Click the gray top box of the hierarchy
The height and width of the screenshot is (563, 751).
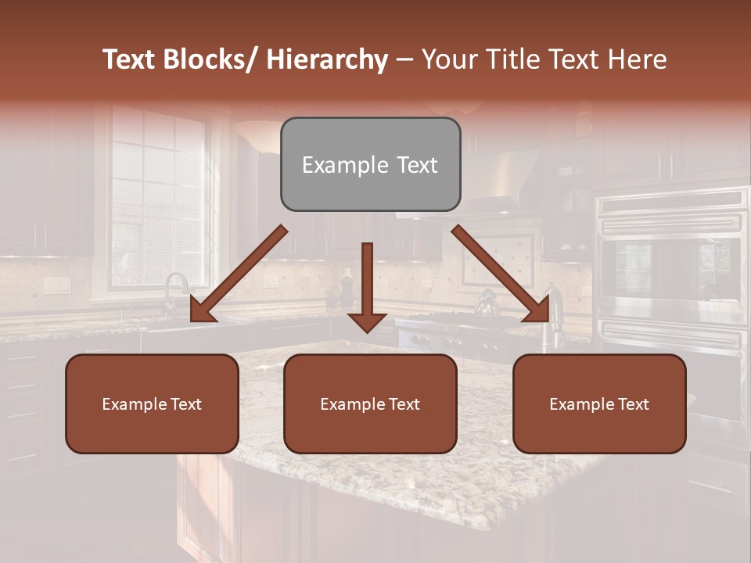[370, 164]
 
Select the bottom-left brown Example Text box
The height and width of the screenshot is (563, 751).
[152, 403]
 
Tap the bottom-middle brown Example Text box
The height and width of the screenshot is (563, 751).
[370, 403]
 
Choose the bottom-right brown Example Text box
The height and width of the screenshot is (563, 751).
[599, 403]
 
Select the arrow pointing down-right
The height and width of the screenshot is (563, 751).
[501, 274]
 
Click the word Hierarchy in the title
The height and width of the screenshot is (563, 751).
[327, 59]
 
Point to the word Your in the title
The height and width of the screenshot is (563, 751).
[448, 59]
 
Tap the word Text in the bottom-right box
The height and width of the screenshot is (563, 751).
[632, 404]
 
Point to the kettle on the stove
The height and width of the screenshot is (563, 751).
[488, 302]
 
